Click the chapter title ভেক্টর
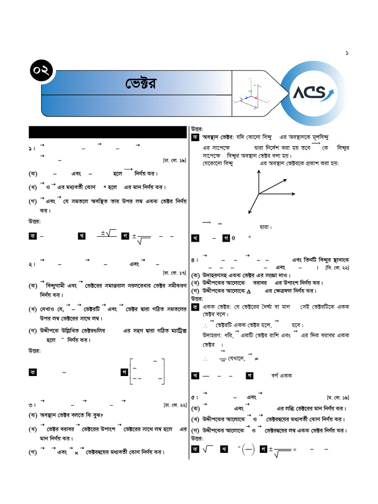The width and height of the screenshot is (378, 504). click(140, 84)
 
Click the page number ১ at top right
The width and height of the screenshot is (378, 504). click(347, 53)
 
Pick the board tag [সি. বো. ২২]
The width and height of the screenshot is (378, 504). click(337, 267)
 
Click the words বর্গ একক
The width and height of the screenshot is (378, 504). click(282, 376)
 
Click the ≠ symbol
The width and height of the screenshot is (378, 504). click(257, 358)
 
